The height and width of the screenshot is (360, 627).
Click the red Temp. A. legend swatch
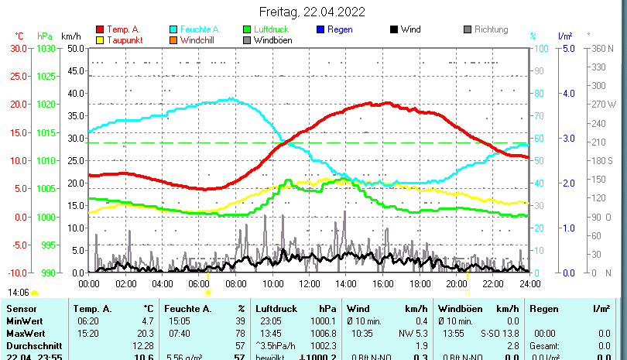coord(100,29)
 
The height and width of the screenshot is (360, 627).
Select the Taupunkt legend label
coord(123,40)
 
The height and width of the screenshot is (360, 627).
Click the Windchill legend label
coord(201,40)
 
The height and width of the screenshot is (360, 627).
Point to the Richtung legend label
coord(491,29)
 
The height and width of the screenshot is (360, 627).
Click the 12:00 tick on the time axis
coord(309,283)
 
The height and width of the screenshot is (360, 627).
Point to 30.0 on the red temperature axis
coord(18,48)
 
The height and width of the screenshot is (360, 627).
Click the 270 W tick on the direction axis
coord(605,104)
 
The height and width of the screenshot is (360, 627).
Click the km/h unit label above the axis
coord(70,36)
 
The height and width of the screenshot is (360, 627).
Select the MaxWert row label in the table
coord(25,333)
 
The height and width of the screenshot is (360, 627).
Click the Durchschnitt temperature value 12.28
coord(144,345)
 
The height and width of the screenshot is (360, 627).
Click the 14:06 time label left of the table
coord(19,293)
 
